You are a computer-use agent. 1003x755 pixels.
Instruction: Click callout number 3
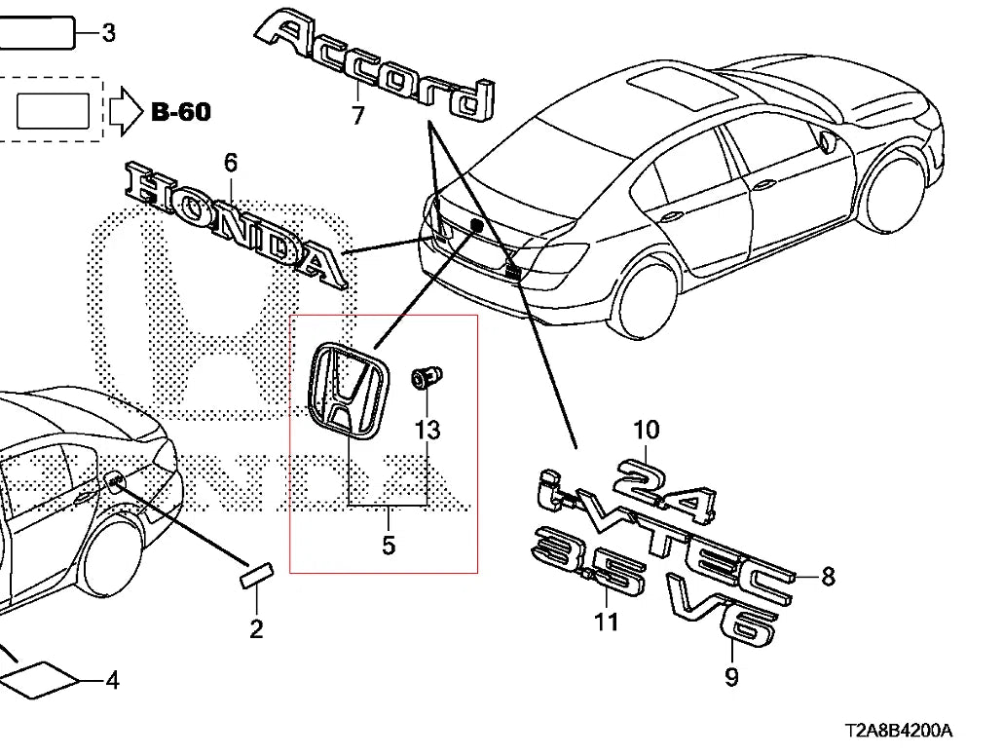click(109, 32)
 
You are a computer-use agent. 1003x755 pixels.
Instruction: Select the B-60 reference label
click(181, 112)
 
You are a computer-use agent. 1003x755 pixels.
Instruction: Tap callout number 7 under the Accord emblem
click(358, 115)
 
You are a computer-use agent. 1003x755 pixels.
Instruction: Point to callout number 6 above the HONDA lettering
click(230, 163)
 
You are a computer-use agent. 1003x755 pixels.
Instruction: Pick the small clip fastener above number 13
click(427, 378)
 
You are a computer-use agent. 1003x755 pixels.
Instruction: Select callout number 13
click(427, 430)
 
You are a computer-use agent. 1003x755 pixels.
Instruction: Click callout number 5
click(389, 546)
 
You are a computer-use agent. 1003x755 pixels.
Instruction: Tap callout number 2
click(256, 629)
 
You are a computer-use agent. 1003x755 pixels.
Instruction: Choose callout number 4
click(113, 680)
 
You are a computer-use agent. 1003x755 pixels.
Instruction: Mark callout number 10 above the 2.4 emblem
click(646, 430)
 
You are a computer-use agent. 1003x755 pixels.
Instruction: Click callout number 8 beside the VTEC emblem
click(828, 576)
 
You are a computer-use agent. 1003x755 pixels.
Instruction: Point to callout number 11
click(607, 622)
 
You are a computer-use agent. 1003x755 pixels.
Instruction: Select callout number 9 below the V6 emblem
click(731, 676)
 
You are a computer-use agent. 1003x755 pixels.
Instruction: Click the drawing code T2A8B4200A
click(898, 730)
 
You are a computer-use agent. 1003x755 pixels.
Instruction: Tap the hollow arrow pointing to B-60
click(126, 111)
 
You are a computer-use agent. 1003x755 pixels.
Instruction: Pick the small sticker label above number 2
click(256, 574)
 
